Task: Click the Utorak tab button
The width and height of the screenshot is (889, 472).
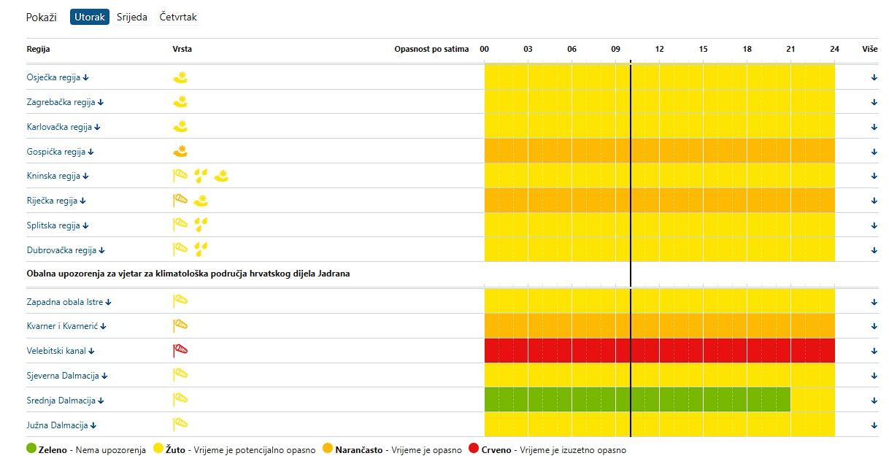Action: (90, 17)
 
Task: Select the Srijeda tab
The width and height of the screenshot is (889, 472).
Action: (132, 17)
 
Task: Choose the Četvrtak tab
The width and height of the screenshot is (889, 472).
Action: (178, 17)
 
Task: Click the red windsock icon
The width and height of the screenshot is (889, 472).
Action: (180, 350)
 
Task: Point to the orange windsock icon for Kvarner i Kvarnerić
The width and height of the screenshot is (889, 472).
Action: (180, 325)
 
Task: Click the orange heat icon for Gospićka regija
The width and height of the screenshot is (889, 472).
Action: (180, 152)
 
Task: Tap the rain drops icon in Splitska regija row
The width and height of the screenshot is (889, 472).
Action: (201, 224)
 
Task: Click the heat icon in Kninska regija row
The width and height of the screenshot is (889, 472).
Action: (221, 175)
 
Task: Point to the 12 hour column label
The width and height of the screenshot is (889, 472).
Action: (660, 50)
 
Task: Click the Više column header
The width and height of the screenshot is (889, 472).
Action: (869, 50)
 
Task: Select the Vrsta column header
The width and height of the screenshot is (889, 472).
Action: (182, 50)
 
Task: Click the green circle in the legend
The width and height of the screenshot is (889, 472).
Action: (31, 449)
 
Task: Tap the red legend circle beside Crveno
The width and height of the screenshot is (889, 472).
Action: (474, 449)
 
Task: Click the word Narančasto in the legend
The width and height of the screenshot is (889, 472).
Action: (358, 450)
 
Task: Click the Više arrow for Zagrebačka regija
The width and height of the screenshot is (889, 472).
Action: (874, 102)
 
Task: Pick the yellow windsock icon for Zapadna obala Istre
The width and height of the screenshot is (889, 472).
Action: (180, 301)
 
